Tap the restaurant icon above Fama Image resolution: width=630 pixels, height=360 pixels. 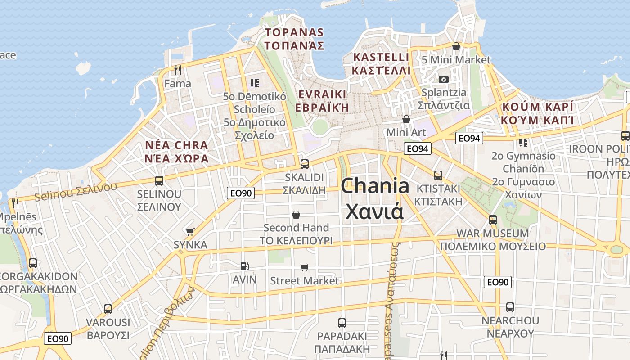point(178,70)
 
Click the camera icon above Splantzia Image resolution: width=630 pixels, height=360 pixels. point(444,79)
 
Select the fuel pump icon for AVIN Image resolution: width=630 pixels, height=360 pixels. point(244,266)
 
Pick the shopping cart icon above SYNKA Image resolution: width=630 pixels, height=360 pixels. point(190,232)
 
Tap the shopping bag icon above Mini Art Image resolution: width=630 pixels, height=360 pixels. point(406,119)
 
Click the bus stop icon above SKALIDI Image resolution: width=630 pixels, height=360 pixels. point(305,164)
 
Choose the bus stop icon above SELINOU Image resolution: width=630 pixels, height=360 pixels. point(159,181)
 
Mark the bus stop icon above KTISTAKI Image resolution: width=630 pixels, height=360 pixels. point(438,175)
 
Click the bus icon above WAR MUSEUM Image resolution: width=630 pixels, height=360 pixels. point(493,220)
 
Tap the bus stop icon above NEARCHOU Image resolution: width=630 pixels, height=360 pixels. point(510,307)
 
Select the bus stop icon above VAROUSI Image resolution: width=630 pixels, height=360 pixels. point(108,309)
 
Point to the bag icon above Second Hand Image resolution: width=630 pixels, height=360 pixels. point(296,215)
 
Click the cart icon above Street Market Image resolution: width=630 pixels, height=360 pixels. point(305,268)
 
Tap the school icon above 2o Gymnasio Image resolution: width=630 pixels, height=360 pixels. point(523,143)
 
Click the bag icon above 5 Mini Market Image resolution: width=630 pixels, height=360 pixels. point(456,46)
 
